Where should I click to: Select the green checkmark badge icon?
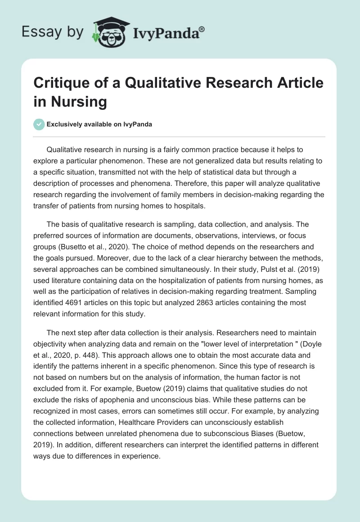point(39,124)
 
